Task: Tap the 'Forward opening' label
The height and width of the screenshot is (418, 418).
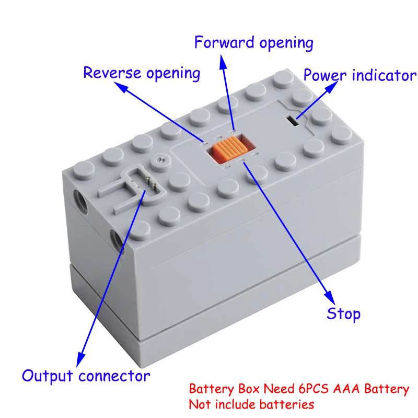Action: (x=253, y=42)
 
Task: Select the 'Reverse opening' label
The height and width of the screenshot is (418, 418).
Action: (x=142, y=73)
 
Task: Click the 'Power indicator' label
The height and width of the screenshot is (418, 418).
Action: (x=359, y=75)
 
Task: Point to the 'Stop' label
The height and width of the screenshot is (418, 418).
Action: (x=343, y=313)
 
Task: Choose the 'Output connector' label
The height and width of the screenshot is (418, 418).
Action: (x=86, y=375)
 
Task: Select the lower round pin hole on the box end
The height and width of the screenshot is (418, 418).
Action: (x=117, y=240)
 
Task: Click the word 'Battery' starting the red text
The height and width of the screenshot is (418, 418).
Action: (x=208, y=389)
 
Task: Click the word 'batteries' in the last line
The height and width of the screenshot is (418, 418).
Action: (x=291, y=404)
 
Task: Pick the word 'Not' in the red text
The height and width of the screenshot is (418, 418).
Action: (x=198, y=404)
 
